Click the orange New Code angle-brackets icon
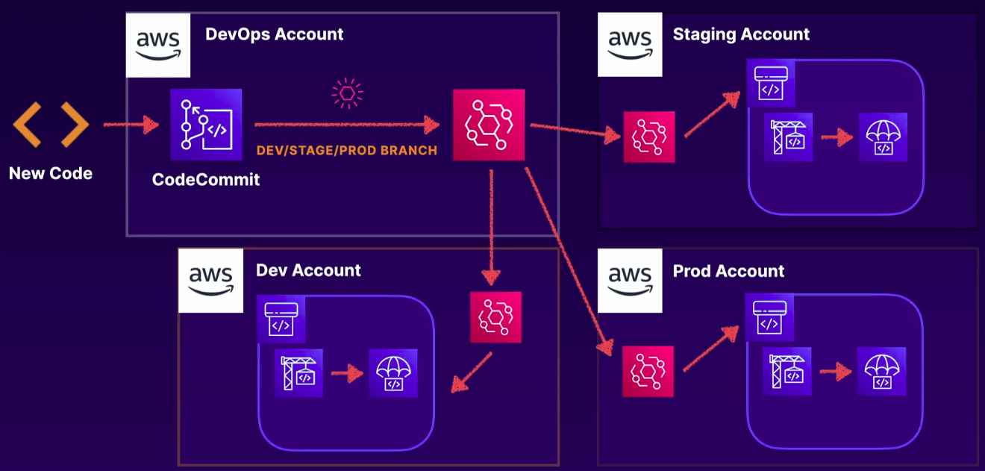(x=51, y=125)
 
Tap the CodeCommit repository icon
(x=206, y=125)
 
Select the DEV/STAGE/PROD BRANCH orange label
(x=346, y=150)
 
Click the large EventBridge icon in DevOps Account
(x=489, y=125)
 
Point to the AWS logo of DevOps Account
(x=157, y=46)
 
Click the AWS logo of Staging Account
(x=630, y=44)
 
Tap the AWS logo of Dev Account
(x=210, y=280)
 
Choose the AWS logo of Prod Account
(x=630, y=280)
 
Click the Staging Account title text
(x=741, y=34)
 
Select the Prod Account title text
(x=728, y=271)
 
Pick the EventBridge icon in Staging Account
(x=649, y=137)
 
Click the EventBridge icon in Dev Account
(x=495, y=317)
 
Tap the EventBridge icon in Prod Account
(x=648, y=371)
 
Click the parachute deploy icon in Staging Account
(x=883, y=137)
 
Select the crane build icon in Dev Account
(x=298, y=372)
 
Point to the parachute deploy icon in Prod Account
(x=881, y=371)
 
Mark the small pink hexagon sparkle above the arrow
(x=347, y=93)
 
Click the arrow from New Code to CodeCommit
(x=131, y=125)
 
